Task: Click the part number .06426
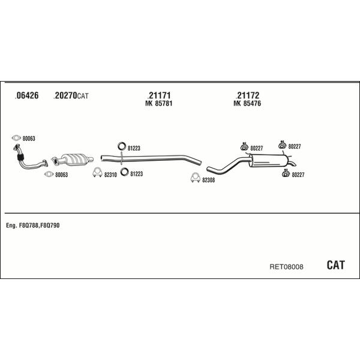26,95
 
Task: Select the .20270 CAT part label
71,96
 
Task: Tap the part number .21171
159,95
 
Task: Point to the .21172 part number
247,95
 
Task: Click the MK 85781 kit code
158,104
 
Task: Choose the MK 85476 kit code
247,104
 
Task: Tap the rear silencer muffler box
269,160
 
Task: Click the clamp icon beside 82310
98,173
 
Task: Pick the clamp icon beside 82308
196,178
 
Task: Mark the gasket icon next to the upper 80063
16,138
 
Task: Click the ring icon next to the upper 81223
122,146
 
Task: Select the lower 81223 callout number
137,174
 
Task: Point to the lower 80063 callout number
62,175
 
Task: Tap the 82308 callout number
208,180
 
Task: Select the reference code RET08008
286,267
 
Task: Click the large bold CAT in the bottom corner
335,265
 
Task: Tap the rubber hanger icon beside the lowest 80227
286,173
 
